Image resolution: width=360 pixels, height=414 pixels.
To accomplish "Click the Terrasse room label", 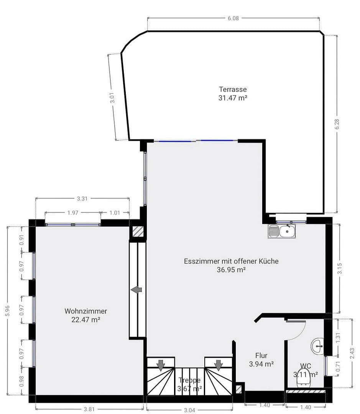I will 233,89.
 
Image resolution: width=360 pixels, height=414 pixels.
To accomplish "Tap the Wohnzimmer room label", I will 85,311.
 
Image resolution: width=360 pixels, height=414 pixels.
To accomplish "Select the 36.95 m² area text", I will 231,269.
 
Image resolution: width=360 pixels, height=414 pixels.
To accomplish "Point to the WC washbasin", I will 318,346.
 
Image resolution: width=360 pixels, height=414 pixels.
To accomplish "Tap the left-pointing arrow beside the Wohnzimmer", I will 136,290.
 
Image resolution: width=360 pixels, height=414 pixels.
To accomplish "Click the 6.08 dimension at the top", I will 233,18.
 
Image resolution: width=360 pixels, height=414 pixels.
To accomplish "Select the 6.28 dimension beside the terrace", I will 337,124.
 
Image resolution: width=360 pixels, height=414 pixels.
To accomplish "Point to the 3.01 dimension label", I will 112,98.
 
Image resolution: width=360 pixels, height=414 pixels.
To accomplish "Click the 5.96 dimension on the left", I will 7,310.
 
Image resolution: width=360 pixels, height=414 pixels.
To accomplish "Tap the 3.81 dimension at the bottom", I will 89,409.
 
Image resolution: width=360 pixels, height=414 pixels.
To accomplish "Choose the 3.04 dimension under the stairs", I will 189,410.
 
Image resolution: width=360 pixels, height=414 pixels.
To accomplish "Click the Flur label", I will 261,355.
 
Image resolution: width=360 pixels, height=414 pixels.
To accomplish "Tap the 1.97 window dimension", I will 73,213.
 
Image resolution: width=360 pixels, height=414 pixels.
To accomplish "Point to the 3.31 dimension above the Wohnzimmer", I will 82,199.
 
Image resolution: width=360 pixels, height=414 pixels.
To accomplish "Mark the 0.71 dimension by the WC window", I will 338,367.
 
